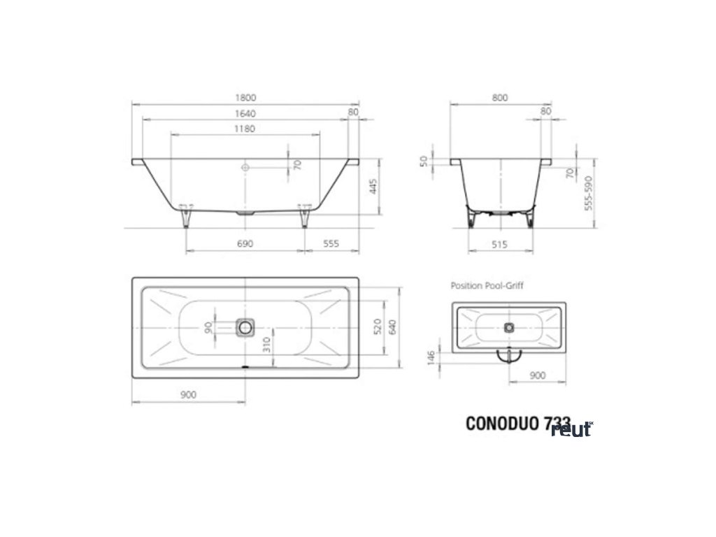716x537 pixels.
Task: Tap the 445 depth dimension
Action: click(x=373, y=187)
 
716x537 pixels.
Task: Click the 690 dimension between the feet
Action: click(x=245, y=243)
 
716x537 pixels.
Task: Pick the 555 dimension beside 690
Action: click(x=331, y=243)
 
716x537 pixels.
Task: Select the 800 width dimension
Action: click(x=500, y=99)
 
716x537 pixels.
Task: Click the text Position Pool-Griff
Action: click(x=487, y=285)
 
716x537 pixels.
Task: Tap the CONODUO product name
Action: click(x=502, y=424)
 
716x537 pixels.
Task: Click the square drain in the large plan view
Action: click(x=245, y=327)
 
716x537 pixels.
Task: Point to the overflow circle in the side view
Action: click(x=245, y=168)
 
